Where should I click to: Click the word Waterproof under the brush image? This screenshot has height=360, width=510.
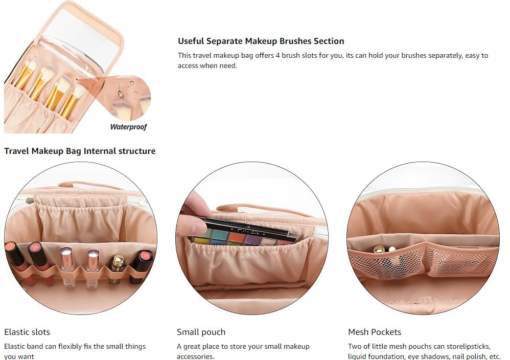coord(128,127)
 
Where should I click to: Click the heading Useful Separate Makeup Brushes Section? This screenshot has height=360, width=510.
coord(261,41)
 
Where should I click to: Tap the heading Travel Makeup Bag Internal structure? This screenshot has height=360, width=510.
coord(80,151)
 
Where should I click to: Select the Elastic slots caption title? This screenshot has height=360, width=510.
coord(27,332)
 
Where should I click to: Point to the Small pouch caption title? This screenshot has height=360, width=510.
coord(201,332)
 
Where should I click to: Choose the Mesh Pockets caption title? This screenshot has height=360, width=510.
coord(375,332)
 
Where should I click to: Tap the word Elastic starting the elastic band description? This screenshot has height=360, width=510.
coord(14,346)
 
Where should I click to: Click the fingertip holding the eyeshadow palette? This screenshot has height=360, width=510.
coord(195,224)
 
